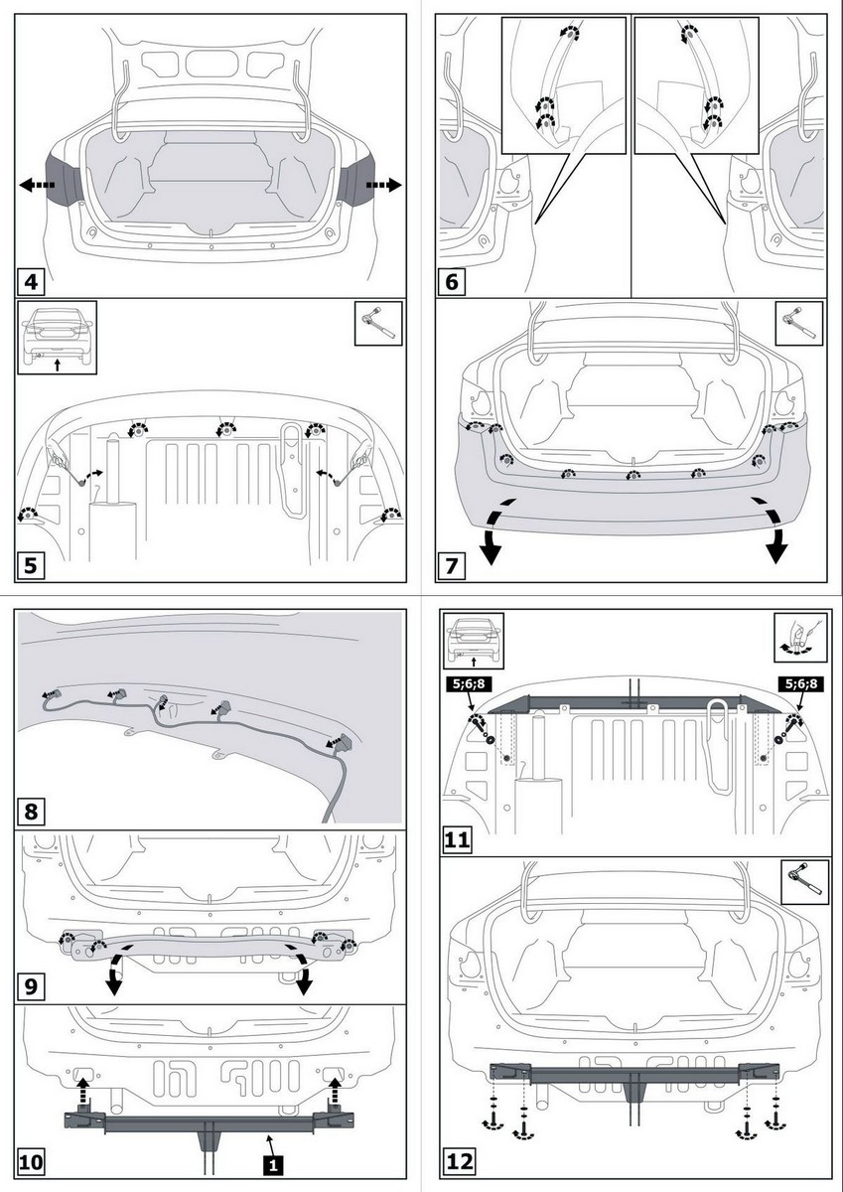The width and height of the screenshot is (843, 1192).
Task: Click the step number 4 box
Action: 32,282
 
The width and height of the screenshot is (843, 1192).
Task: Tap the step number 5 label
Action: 32,566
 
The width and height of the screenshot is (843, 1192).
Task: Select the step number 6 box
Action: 453,281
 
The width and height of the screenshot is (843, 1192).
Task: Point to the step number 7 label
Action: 453,566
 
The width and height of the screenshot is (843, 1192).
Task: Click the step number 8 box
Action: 32,811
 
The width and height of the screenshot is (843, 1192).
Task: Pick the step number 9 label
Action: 32,987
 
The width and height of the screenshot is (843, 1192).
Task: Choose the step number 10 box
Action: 31,1160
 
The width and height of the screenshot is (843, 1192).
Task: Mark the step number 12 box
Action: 461,1160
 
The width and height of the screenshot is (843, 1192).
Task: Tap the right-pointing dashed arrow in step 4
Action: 383,185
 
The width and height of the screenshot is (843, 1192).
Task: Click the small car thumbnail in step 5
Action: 57,337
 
